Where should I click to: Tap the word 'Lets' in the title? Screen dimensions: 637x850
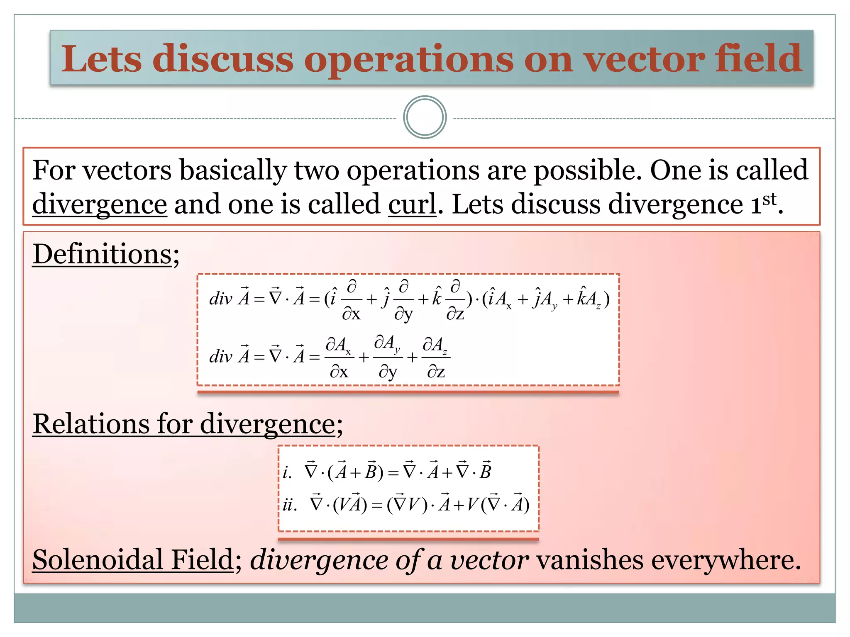[102, 59]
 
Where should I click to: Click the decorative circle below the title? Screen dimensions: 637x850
[425, 117]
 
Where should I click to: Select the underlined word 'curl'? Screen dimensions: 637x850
[412, 204]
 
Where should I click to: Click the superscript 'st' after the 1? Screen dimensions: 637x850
[769, 199]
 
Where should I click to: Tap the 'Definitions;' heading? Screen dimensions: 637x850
[106, 254]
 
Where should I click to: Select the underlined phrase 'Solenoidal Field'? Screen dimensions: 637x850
[133, 559]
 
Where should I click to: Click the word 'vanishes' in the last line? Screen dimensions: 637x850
[590, 560]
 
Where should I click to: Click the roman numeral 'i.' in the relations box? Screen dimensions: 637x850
[287, 472]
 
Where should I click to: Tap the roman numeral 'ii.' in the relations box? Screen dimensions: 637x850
[290, 505]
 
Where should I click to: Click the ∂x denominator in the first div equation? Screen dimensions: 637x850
[351, 314]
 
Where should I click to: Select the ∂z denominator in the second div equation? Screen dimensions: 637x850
[436, 372]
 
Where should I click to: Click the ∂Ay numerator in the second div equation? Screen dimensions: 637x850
[387, 343]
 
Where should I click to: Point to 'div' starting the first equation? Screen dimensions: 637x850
[221, 299]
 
